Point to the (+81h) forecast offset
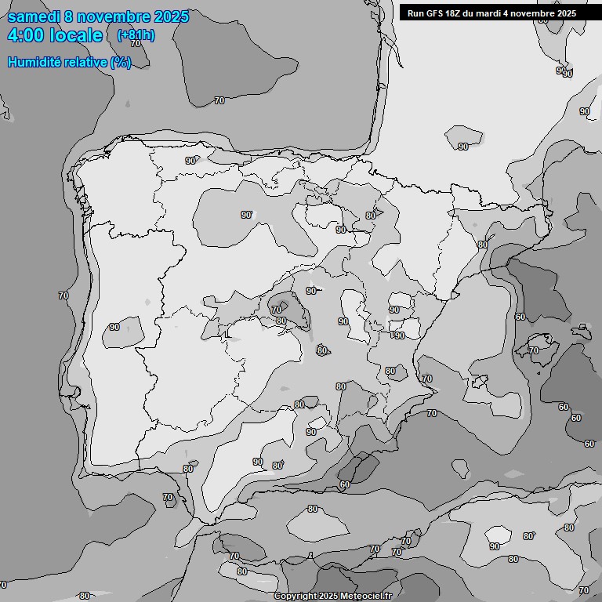tap(135, 35)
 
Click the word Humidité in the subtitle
tap(36, 63)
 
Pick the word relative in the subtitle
tap(87, 63)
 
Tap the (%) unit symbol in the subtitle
tap(121, 63)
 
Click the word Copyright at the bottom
tap(296, 597)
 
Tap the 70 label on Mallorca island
tap(534, 350)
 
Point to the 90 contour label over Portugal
tap(114, 327)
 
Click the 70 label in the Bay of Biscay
tap(219, 100)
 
